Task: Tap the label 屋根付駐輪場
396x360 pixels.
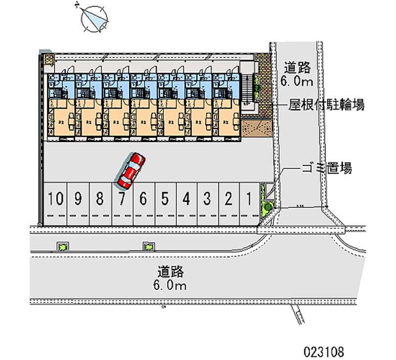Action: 327,105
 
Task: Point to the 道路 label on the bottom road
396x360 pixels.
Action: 171,271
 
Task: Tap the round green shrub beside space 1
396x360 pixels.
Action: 268,206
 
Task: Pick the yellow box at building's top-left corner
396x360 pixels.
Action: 49,60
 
